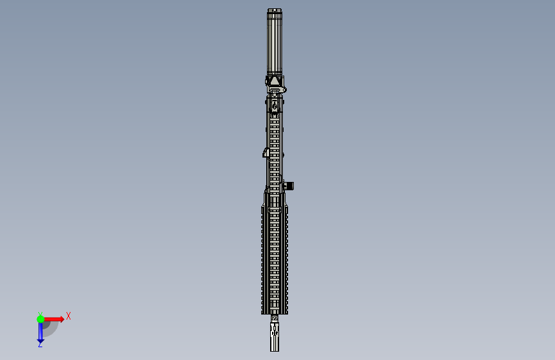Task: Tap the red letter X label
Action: (x=68, y=316)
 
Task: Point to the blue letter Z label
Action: (x=40, y=345)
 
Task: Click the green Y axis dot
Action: (x=40, y=318)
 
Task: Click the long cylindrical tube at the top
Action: (x=275, y=42)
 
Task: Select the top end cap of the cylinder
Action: (x=275, y=10)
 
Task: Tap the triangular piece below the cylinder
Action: (x=275, y=81)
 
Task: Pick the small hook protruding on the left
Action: (x=265, y=152)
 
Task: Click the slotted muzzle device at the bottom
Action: (x=275, y=337)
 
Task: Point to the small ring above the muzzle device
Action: (x=275, y=318)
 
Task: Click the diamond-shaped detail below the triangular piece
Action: (x=275, y=105)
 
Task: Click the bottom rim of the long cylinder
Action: (x=275, y=72)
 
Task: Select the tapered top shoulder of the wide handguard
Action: (x=266, y=195)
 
